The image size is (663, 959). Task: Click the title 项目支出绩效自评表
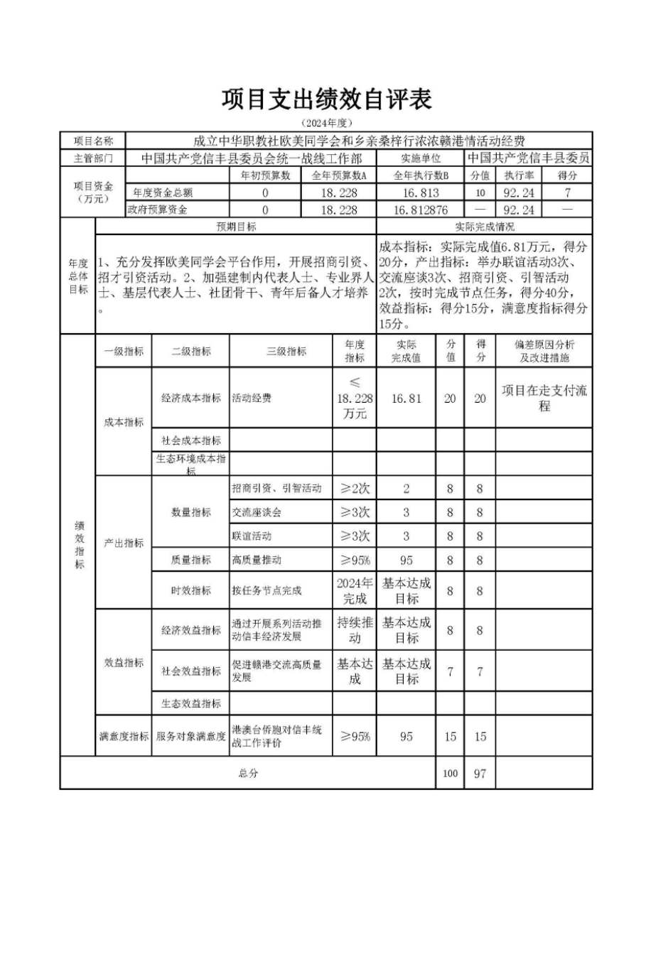tap(326, 100)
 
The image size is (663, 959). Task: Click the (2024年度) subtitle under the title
tap(326, 124)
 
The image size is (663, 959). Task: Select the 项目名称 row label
tap(92, 141)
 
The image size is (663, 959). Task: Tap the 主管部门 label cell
tap(92, 158)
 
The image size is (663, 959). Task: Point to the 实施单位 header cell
tap(421, 158)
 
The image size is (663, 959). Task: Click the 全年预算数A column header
tap(339, 175)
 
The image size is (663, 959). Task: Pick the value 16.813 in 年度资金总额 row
tap(421, 193)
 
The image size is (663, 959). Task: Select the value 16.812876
tap(421, 210)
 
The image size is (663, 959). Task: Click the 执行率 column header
tap(519, 175)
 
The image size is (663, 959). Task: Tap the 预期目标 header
tap(236, 227)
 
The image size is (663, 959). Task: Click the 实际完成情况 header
tap(485, 227)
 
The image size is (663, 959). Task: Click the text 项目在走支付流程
tap(544, 398)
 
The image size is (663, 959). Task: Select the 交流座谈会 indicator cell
tap(257, 512)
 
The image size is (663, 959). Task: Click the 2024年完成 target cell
tap(355, 590)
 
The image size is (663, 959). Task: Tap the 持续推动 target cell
tap(355, 630)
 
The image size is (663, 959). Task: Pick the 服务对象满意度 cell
tap(191, 737)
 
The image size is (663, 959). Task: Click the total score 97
tap(480, 773)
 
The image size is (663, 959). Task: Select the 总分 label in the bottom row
tap(248, 773)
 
